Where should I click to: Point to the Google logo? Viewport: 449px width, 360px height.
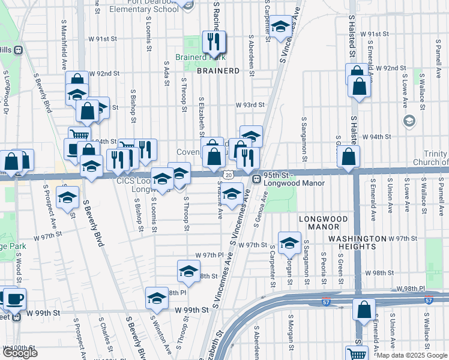coord(20,353)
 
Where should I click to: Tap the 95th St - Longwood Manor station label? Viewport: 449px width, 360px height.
coord(294,179)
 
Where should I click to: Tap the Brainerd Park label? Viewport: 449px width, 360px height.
coord(200,58)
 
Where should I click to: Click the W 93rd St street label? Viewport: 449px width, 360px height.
coord(250,104)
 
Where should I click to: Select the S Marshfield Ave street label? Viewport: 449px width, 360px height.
coord(64,43)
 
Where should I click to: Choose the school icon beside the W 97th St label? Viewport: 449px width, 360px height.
coord(289,243)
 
